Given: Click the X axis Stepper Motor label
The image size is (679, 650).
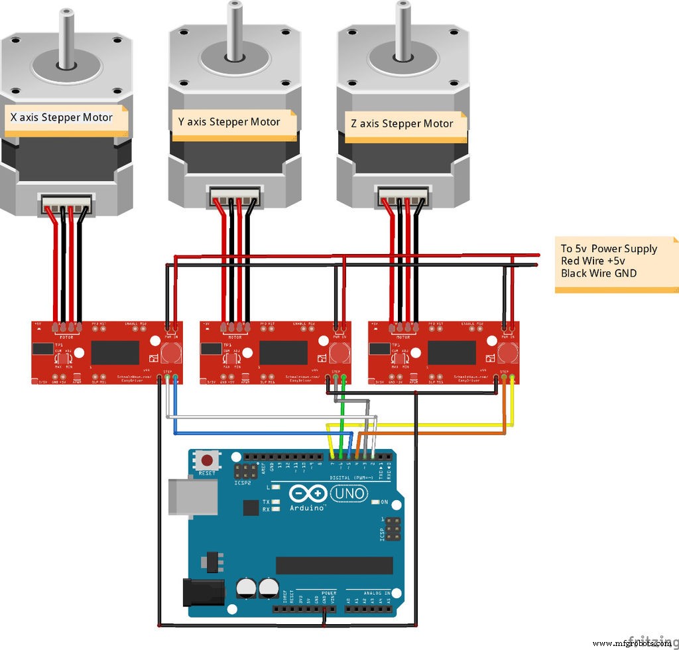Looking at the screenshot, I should coord(62,117).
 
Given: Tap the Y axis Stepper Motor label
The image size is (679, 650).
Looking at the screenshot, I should coord(229,122).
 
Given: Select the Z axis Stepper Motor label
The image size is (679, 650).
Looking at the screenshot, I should coord(402,123).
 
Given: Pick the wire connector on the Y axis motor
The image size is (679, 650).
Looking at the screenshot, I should coord(235,198).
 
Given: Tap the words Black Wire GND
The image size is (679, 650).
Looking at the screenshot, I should coord(599,273).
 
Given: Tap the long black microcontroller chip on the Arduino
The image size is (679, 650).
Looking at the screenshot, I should coord(334,565).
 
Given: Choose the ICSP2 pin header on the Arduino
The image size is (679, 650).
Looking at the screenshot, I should coord(245,472).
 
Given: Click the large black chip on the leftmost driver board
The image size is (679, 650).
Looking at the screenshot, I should coord(114,352).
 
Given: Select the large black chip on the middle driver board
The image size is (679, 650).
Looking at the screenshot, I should coord(282,352).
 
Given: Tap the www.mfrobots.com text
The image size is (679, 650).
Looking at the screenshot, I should coord(630,643).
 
